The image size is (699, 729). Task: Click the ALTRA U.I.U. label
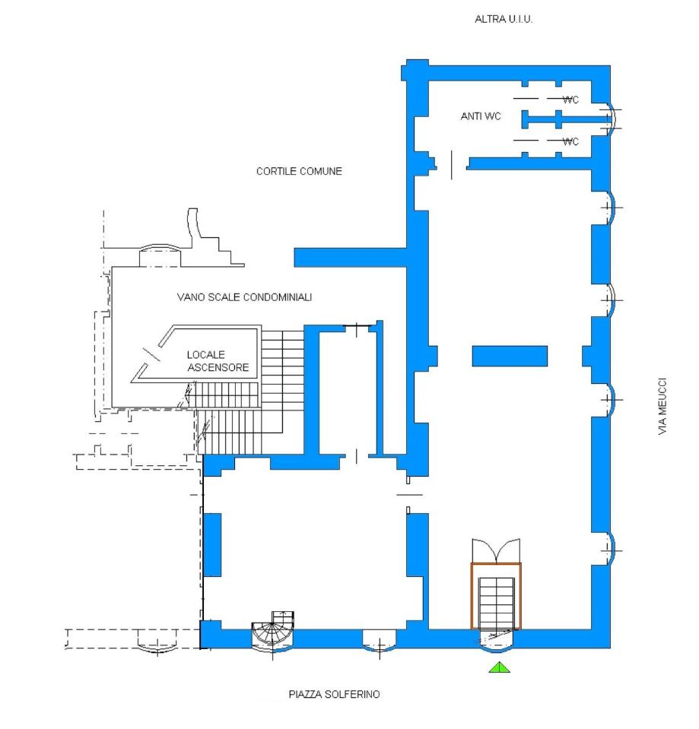point(504,19)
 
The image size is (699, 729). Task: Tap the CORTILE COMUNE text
point(299,171)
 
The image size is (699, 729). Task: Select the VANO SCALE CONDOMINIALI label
point(244,297)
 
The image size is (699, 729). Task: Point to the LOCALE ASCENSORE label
point(218,361)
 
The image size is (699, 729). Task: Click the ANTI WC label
point(481,116)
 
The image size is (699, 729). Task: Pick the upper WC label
point(570,100)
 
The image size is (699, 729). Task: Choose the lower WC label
point(570,141)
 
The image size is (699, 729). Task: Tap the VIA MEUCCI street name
point(662,406)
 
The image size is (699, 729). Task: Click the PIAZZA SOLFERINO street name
point(334,694)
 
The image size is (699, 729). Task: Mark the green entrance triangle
point(499,667)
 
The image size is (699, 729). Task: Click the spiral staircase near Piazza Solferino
point(273,632)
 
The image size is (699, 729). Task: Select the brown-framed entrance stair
point(496,596)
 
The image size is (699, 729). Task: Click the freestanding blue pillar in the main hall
point(510,356)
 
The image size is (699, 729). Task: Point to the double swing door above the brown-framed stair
point(496,551)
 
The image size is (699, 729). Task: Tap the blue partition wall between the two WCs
point(566,119)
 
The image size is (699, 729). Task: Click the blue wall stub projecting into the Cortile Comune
point(351,258)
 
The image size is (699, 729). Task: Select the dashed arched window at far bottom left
point(157,642)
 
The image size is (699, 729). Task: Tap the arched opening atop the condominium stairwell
point(160,255)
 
